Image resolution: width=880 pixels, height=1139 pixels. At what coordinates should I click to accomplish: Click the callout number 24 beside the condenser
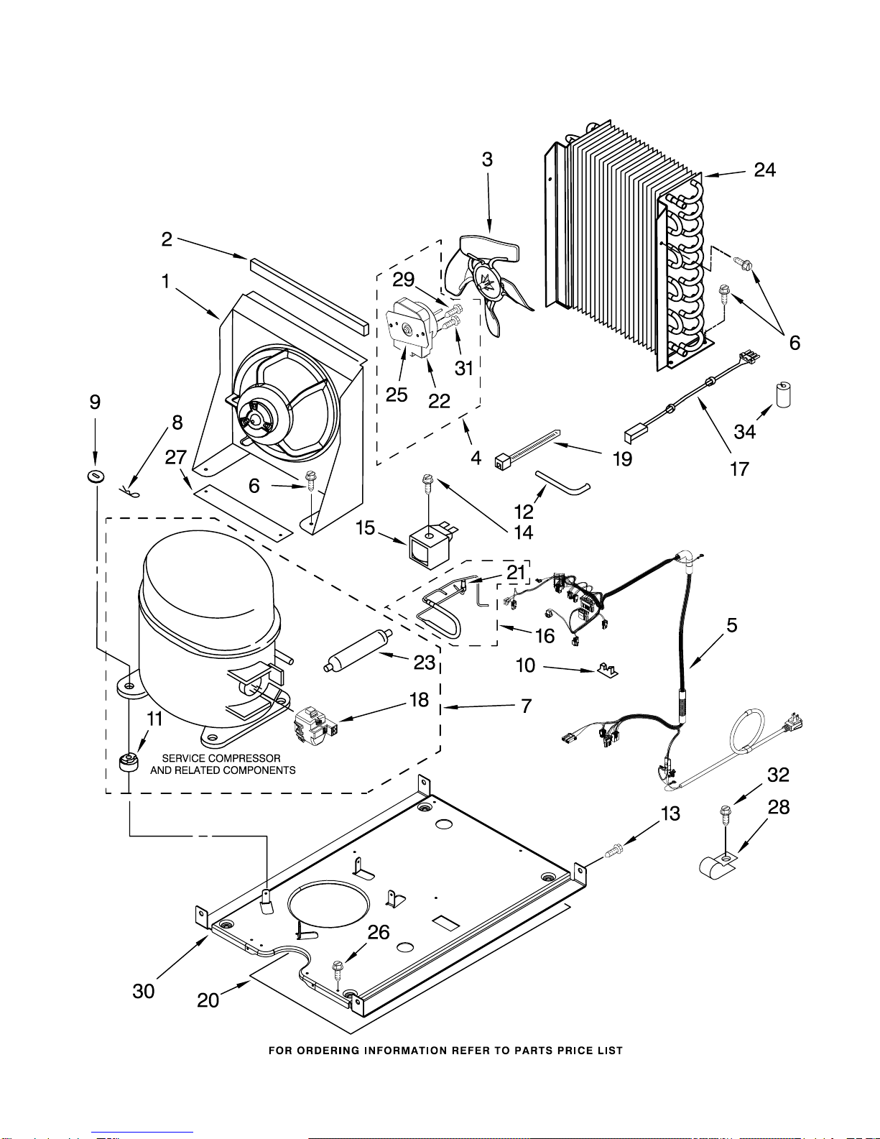click(x=765, y=170)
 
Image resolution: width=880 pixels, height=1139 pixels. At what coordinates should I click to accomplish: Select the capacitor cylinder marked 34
click(x=783, y=395)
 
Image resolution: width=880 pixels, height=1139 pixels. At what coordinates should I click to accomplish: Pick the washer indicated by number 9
click(x=96, y=476)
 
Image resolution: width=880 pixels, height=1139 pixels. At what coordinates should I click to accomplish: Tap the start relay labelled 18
click(x=315, y=724)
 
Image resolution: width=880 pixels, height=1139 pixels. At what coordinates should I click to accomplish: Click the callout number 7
click(x=527, y=706)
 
